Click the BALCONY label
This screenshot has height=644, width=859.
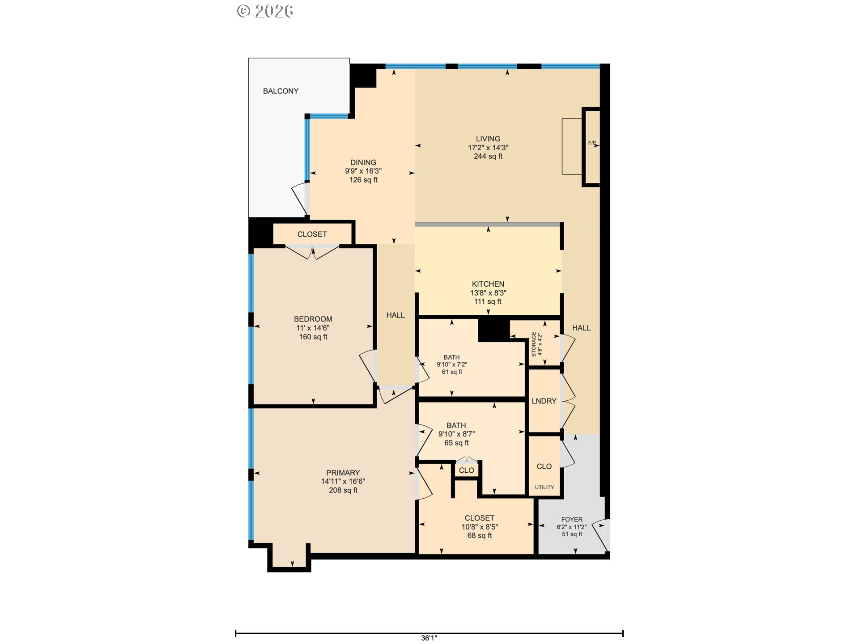click(281, 91)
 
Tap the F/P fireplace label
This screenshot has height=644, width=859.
click(592, 143)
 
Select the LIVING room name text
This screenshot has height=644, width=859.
click(488, 139)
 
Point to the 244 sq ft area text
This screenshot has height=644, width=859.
click(488, 157)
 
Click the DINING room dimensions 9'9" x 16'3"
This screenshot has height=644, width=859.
click(363, 171)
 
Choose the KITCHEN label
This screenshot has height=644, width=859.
click(488, 284)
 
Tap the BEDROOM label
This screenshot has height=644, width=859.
click(313, 319)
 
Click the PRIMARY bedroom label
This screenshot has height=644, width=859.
click(343, 473)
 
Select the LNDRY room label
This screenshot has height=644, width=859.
click(544, 402)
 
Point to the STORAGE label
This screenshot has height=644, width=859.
click(534, 344)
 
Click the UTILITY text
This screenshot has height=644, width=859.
click(544, 487)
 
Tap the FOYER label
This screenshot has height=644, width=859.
click(572, 520)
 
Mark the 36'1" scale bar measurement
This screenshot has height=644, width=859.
click(429, 638)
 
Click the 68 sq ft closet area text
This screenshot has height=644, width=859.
click(480, 536)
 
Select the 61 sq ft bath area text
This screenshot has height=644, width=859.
click(452, 372)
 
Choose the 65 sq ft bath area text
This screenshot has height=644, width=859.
click(456, 443)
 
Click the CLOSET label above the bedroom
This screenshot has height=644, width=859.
click(312, 234)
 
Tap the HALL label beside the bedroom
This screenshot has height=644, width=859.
click(395, 316)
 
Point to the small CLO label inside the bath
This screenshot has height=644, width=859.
click(467, 470)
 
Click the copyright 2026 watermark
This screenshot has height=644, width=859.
click(265, 11)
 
